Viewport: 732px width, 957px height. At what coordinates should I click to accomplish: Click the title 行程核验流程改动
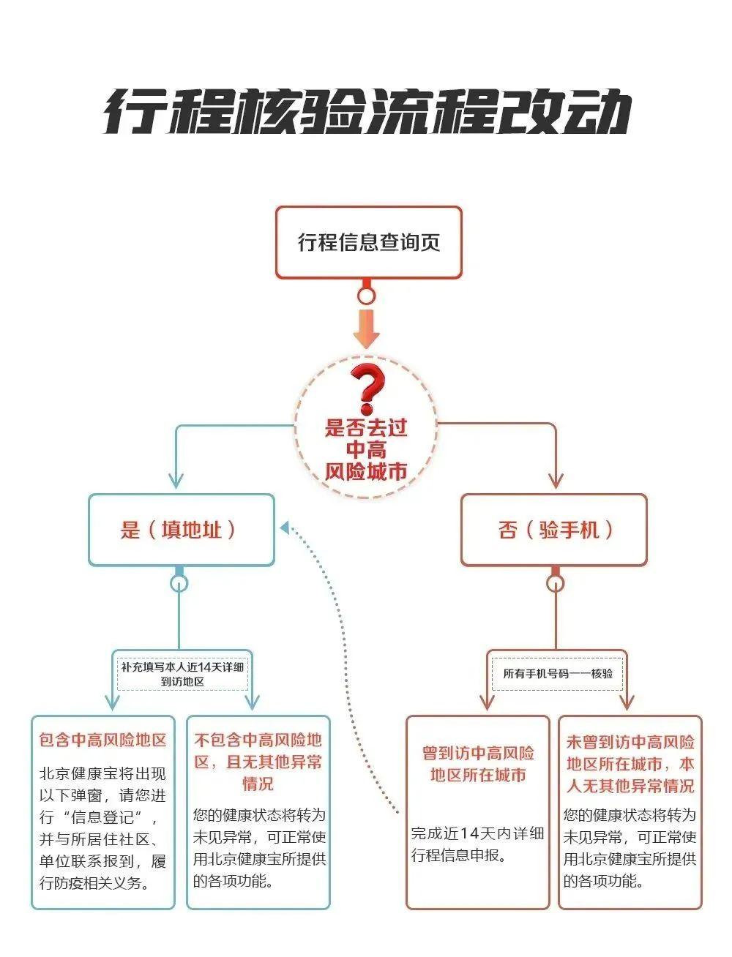point(367,112)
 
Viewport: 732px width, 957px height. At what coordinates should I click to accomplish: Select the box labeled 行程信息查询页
point(369,242)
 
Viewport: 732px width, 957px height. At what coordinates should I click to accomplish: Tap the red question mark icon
point(367,390)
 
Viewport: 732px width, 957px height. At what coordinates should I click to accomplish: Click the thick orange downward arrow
point(367,329)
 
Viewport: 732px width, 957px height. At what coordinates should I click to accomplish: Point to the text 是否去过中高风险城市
point(366,449)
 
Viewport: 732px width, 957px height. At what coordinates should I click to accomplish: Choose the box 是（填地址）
point(182,530)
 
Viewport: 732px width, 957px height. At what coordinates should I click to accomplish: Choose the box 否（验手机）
point(554,530)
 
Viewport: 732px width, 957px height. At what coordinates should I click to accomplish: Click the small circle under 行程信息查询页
point(367,295)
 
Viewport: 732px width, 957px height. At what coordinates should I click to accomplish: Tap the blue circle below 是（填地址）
point(179,583)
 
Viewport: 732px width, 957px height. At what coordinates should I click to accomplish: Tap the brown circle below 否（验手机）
point(556,583)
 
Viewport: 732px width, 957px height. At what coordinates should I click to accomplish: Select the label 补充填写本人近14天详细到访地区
point(182,675)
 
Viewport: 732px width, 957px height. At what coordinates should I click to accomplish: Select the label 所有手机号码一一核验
point(558,674)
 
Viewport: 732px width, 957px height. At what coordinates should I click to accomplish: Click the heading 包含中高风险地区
point(103,740)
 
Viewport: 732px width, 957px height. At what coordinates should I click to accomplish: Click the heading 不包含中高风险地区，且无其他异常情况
point(258,762)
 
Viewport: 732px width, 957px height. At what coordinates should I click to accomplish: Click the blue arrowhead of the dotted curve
point(285,528)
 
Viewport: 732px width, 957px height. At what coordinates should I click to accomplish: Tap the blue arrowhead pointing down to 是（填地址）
point(176,481)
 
